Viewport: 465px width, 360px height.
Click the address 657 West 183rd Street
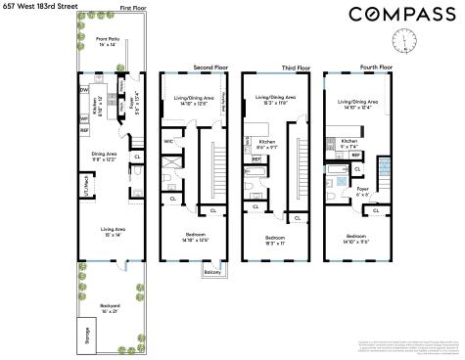pos(38,7)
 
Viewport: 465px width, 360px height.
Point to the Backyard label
pos(109,307)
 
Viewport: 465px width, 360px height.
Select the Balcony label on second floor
pos(209,273)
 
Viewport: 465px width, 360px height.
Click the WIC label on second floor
pos(168,141)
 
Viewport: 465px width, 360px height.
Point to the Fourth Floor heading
pos(365,67)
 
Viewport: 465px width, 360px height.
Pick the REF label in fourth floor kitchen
pos(356,155)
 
